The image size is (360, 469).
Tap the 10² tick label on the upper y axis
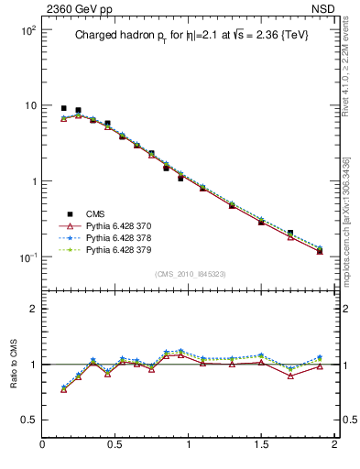[27, 30]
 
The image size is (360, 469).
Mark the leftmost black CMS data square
[63, 108]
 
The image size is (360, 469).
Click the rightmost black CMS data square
[320, 250]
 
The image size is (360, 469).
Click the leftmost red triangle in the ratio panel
[63, 390]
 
